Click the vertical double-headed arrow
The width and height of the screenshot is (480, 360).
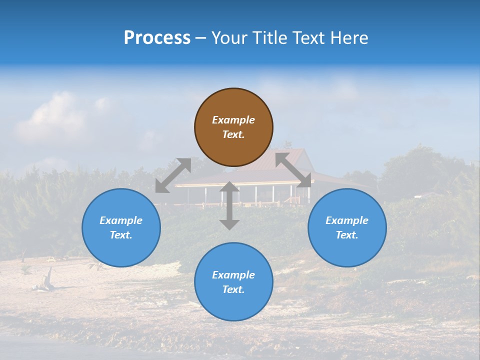229,205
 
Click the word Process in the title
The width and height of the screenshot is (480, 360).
157,38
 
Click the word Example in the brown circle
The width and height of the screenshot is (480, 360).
233,120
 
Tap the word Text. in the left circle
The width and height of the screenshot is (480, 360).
121,235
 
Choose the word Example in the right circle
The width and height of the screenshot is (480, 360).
347,220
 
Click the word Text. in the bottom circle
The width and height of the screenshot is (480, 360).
233,289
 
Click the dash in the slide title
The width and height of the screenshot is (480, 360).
201,38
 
